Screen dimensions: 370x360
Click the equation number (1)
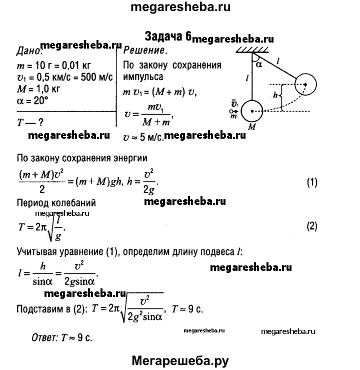click(311, 183)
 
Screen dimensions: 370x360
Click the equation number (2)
click(311, 225)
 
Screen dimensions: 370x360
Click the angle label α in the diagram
click(258, 64)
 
